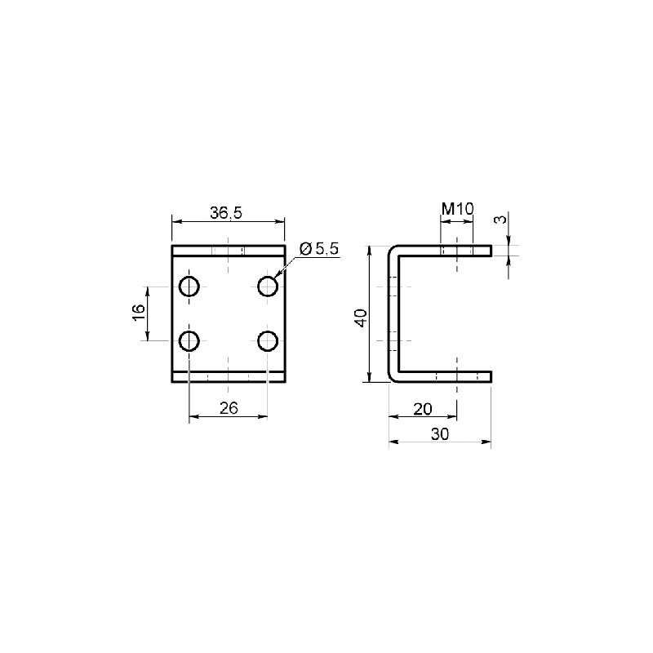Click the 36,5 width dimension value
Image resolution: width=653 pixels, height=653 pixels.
(x=226, y=213)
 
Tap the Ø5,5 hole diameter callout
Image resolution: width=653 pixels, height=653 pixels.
(x=319, y=249)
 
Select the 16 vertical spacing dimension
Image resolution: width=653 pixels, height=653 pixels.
(x=139, y=312)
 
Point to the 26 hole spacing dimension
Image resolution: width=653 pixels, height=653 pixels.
(x=229, y=408)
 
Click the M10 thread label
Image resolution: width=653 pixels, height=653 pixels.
(x=458, y=209)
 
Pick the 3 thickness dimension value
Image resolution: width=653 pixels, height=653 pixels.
(x=501, y=219)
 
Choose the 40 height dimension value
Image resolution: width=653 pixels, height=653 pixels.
(x=361, y=318)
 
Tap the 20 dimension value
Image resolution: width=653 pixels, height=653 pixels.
(x=423, y=410)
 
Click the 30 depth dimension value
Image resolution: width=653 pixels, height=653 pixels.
(x=440, y=434)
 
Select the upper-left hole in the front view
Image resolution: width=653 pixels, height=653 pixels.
(x=189, y=287)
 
